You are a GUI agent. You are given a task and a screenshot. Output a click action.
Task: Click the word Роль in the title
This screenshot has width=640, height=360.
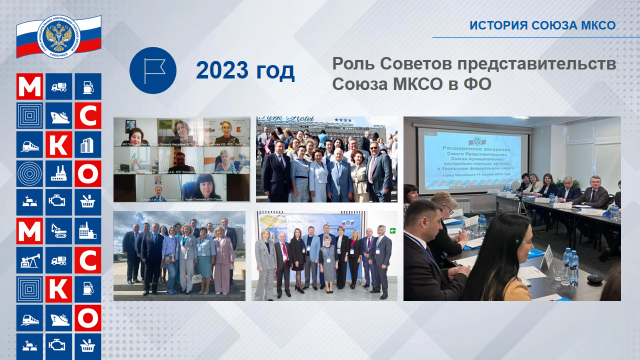click(353, 62)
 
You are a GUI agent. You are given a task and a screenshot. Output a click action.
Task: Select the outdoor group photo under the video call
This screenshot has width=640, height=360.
click(179, 254)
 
